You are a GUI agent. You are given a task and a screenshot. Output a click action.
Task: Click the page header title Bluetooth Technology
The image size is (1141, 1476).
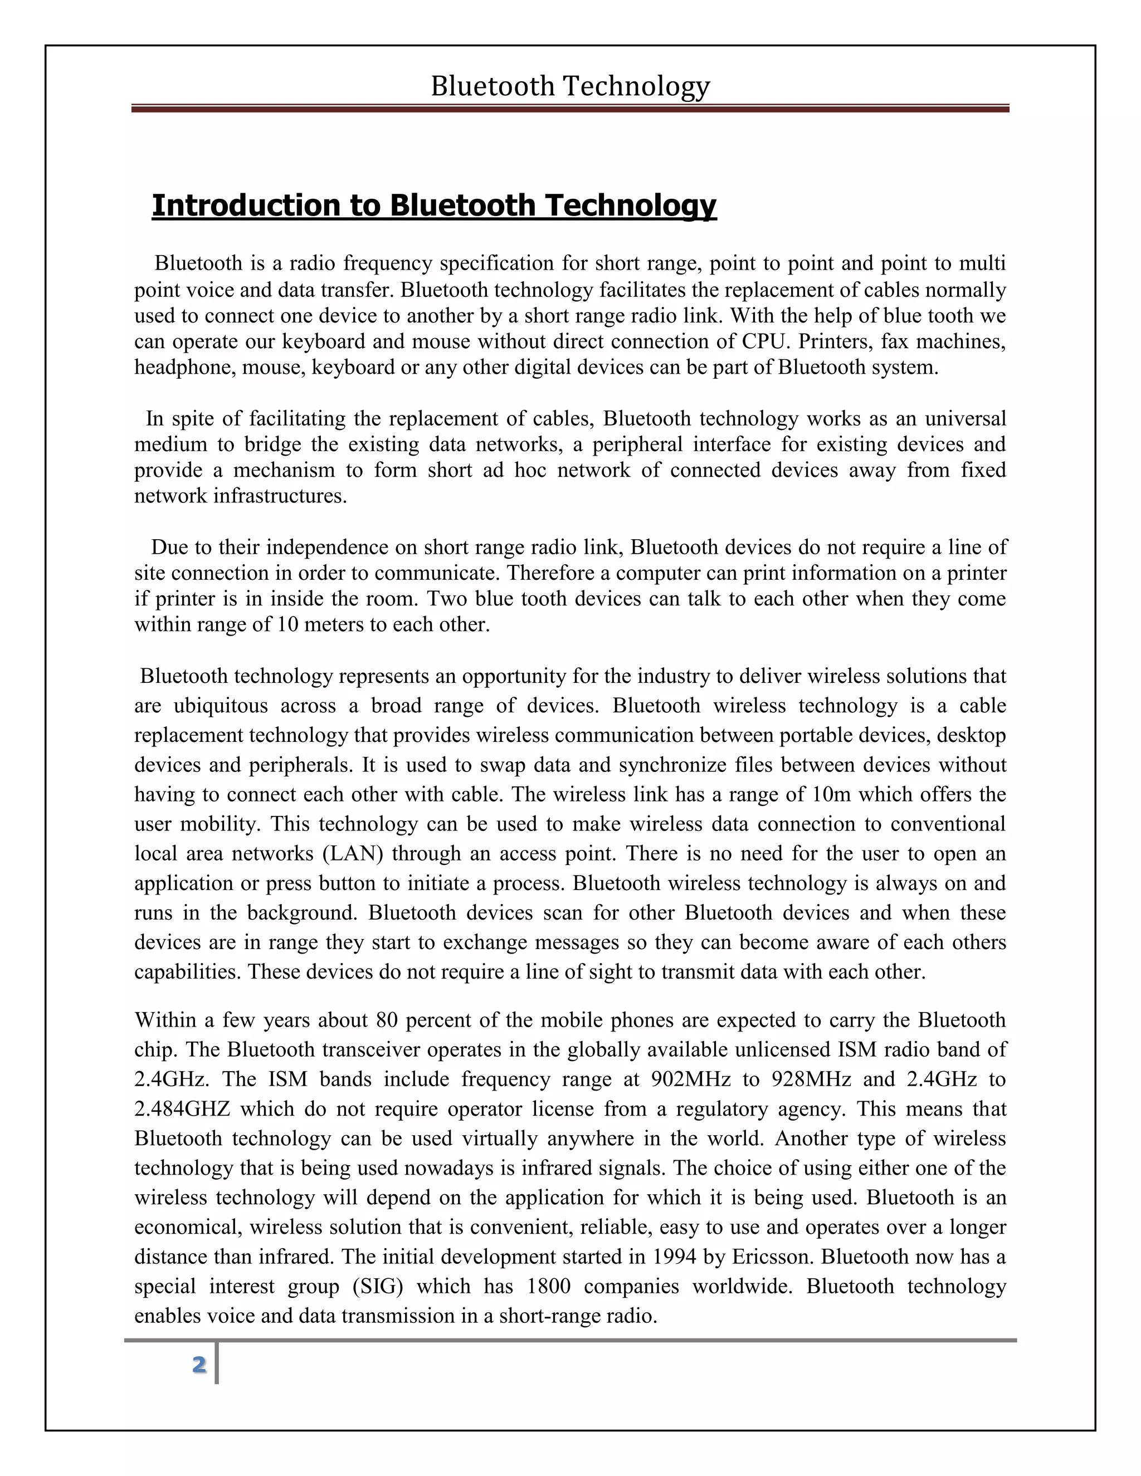tap(570, 86)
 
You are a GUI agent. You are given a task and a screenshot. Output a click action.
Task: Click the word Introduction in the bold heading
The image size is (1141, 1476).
tap(247, 206)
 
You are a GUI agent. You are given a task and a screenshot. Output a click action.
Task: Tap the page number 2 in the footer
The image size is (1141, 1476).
tap(199, 1365)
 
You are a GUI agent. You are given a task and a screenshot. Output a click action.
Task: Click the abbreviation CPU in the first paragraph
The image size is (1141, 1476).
tap(763, 341)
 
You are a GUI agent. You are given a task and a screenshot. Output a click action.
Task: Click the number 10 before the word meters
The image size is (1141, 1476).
tap(288, 624)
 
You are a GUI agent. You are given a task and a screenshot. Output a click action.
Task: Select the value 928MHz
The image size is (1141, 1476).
tap(811, 1079)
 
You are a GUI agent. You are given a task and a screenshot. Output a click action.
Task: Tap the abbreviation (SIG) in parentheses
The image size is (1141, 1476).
tap(377, 1286)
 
